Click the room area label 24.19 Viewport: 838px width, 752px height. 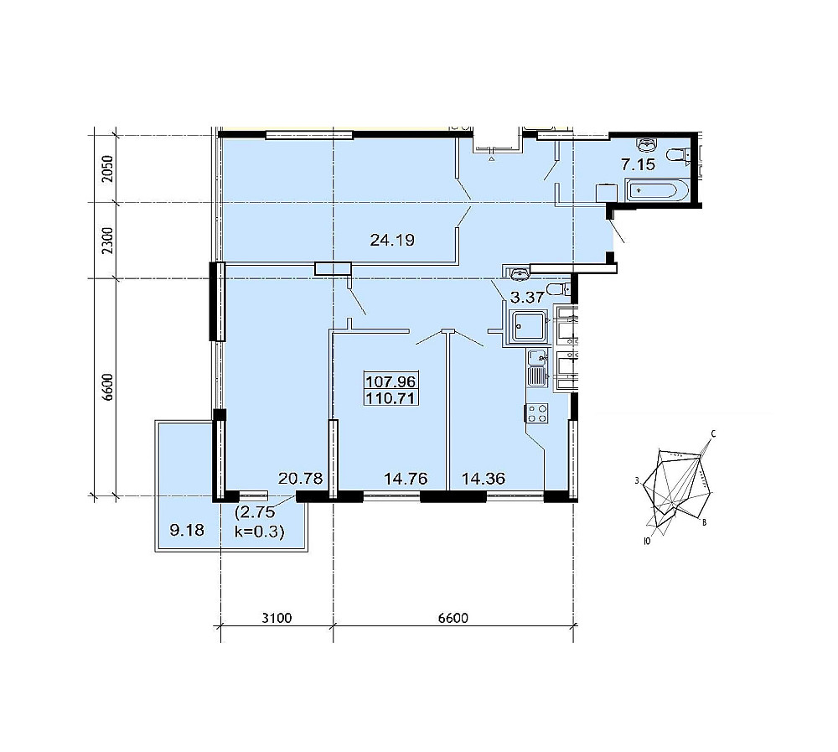coord(391,240)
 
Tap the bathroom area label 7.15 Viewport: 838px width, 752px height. coord(638,164)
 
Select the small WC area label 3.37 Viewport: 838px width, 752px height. coord(527,297)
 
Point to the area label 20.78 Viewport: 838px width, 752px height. coord(300,478)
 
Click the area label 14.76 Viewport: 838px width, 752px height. coord(406,478)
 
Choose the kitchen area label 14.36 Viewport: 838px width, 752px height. coord(484,478)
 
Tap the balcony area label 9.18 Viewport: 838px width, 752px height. coord(187,530)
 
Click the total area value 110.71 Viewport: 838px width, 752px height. coord(391,398)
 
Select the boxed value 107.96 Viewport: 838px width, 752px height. coord(391,381)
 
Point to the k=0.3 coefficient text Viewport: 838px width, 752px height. coord(260,532)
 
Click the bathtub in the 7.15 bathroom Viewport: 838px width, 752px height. coord(657,191)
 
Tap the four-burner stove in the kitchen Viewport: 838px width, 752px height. coord(536,413)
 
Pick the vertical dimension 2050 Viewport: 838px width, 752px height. coord(108,169)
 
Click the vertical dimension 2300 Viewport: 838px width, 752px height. coord(108,241)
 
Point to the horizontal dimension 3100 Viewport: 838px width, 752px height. coord(277,619)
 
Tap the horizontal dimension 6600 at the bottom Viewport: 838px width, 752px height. coord(453,619)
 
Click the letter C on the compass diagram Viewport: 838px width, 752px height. coord(713,433)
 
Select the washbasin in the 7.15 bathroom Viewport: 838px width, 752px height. coord(647,144)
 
